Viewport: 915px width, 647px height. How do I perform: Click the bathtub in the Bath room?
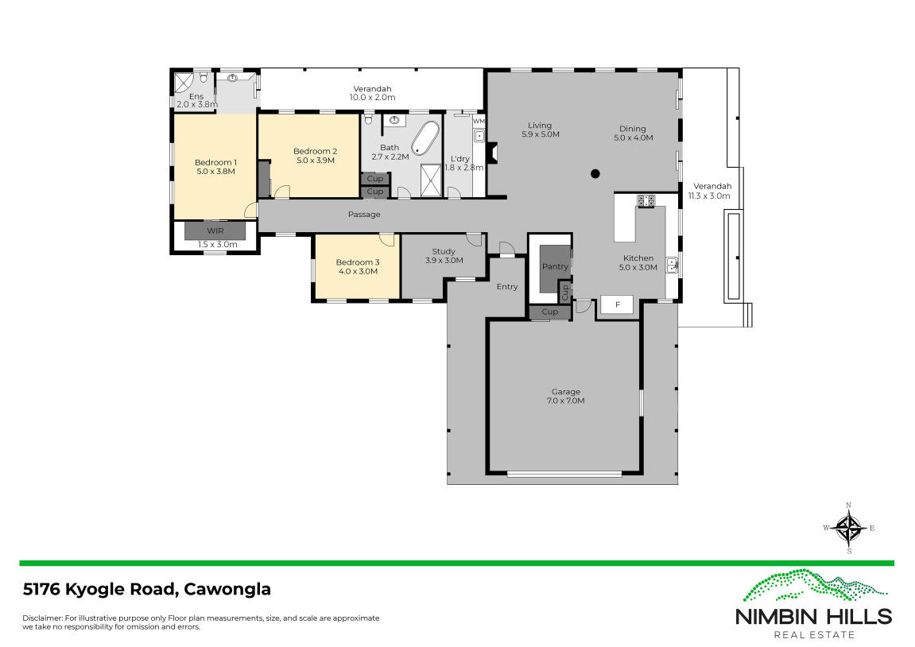point(425,138)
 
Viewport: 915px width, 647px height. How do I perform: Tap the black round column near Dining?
point(595,173)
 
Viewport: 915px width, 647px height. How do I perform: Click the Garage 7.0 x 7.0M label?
point(565,396)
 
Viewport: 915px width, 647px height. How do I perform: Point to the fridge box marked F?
point(618,304)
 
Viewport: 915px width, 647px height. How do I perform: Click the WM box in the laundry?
point(479,122)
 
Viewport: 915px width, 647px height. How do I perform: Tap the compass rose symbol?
point(849,528)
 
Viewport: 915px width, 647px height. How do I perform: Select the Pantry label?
point(555,266)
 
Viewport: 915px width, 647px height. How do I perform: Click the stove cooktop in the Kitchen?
point(646,200)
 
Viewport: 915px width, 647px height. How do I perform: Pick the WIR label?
point(215,231)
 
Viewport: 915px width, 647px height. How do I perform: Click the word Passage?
point(364,215)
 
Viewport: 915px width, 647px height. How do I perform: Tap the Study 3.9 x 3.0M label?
point(444,256)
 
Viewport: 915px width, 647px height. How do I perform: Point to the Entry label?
point(507,286)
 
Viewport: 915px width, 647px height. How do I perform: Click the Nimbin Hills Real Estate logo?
point(814,604)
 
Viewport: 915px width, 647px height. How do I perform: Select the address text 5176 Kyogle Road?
point(100,589)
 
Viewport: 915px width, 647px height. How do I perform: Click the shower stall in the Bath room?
point(431,180)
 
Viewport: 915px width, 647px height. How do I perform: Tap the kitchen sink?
point(672,265)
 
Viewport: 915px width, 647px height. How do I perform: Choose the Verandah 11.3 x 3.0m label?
point(710,192)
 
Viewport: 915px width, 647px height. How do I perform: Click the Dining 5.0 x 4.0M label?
point(633,134)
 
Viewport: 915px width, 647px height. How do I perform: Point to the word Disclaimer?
point(42,618)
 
